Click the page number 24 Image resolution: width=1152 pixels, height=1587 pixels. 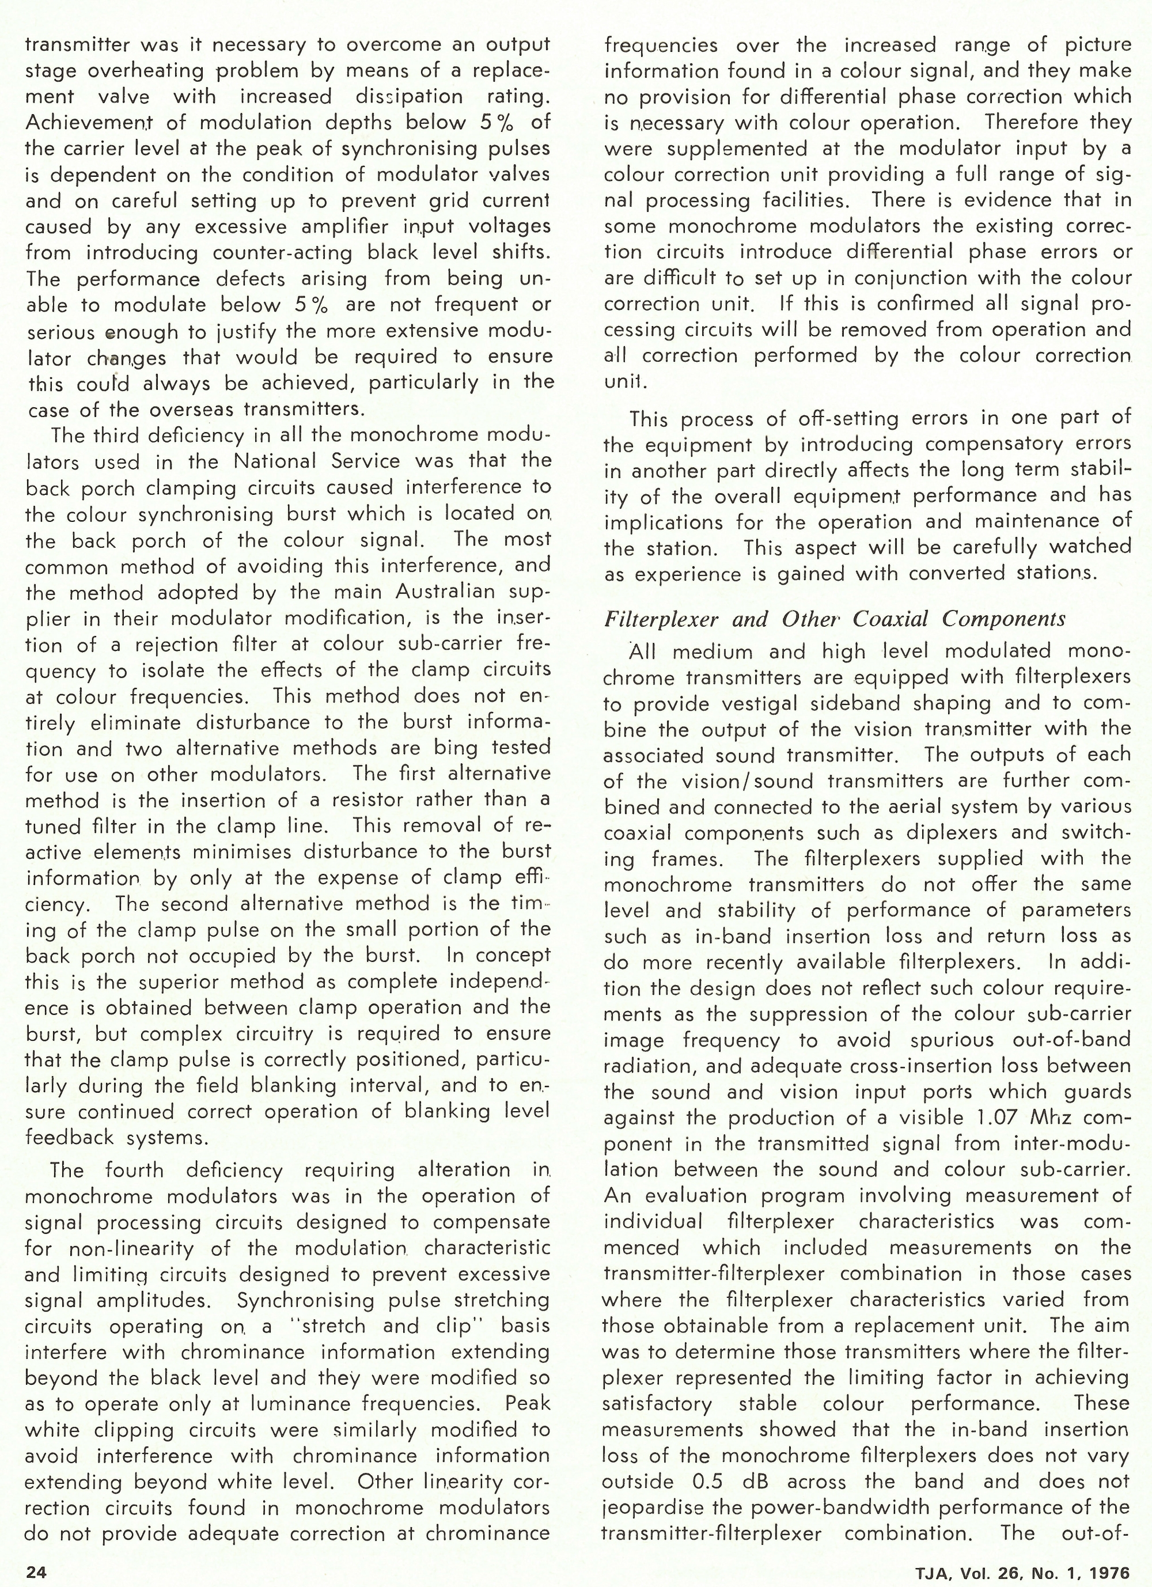[36, 1571]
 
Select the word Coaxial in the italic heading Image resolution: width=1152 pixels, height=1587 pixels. [892, 619]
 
